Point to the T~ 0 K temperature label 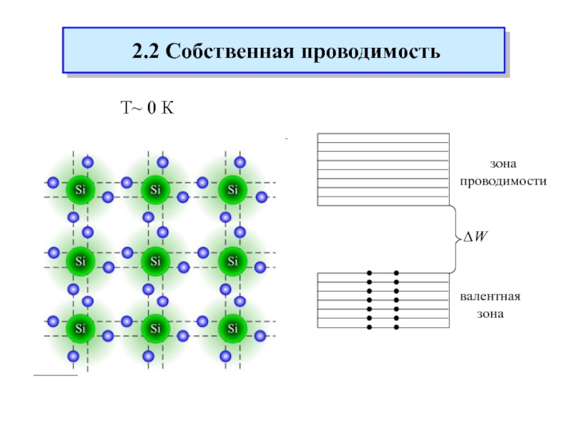click(146, 109)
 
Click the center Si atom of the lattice click(154, 261)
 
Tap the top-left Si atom click(77, 190)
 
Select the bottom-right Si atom click(232, 329)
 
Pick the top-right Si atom click(232, 190)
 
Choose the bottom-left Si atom click(77, 329)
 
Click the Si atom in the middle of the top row click(154, 190)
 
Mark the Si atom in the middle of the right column click(232, 261)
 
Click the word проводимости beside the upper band click(503, 182)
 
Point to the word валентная click(490, 296)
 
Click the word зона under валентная click(490, 313)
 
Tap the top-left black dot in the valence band click(370, 273)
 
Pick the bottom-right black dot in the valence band click(396, 327)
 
